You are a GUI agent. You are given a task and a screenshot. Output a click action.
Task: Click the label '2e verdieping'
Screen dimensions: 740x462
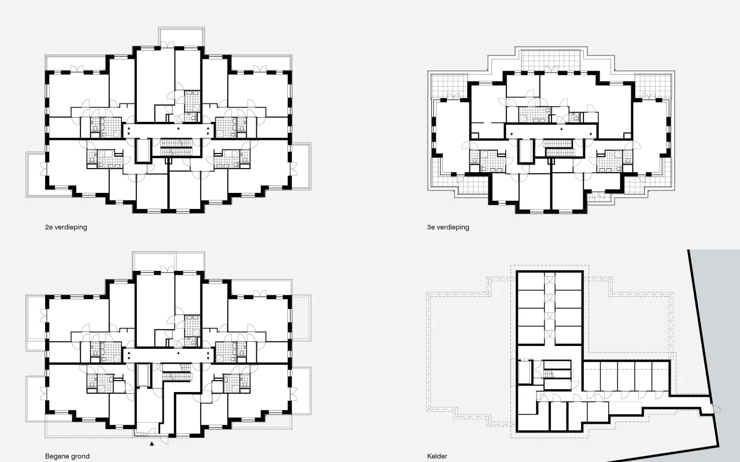[66, 228]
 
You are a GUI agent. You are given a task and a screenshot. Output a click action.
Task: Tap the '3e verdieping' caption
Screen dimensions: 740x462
[448, 228]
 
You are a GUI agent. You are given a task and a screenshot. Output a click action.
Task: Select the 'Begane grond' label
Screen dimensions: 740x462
[68, 456]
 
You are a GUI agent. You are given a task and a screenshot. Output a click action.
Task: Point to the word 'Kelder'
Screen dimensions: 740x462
[437, 456]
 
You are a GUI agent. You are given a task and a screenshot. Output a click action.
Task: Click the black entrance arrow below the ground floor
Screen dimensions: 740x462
[151, 444]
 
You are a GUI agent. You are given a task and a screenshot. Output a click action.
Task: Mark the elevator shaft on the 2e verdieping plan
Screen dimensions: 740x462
[143, 151]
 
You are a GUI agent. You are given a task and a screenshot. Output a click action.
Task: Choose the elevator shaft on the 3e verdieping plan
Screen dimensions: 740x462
[526, 151]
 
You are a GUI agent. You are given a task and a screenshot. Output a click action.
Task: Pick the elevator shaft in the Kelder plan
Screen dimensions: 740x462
[524, 372]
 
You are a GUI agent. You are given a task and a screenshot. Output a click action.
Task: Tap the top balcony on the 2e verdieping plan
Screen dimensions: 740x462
[182, 37]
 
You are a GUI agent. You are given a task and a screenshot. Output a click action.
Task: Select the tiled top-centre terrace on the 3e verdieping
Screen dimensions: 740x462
[551, 61]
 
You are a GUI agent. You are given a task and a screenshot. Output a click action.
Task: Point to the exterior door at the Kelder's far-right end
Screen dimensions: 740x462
[716, 409]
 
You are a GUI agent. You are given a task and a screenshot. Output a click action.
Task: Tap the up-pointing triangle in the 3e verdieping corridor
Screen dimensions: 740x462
[561, 129]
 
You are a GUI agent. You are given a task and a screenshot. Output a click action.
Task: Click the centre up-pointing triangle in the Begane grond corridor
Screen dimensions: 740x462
[179, 353]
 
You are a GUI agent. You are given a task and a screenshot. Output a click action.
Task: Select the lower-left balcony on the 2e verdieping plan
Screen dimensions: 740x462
[36, 174]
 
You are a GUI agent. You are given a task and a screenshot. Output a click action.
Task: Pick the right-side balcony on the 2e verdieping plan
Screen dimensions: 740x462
[301, 166]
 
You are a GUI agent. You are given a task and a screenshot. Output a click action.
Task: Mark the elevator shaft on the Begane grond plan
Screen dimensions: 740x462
[143, 375]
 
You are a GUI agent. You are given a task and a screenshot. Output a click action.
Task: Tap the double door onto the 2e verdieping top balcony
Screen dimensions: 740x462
[168, 44]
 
